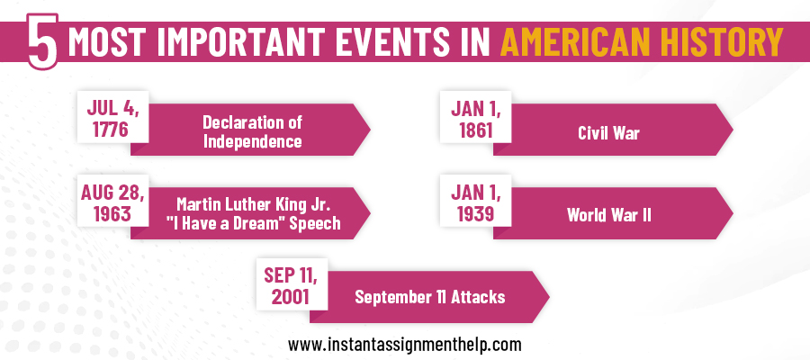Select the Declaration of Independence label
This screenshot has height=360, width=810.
pos(251,130)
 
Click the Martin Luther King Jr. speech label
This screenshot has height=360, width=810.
pos(252,214)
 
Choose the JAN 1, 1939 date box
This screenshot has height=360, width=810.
pos(476,202)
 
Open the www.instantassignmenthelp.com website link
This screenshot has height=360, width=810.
pos(405,344)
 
